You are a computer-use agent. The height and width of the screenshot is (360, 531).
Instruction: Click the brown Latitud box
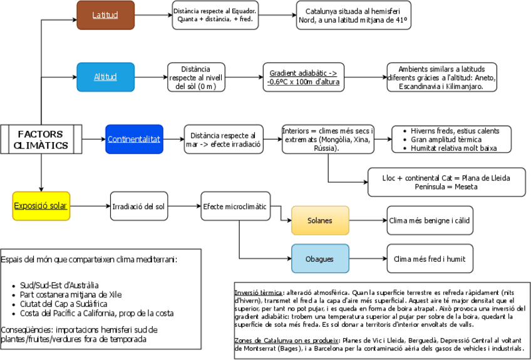105,15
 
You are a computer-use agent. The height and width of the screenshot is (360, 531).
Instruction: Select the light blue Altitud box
105,77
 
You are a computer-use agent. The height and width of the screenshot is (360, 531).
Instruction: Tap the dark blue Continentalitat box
134,139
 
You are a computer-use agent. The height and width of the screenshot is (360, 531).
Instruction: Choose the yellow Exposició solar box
41,205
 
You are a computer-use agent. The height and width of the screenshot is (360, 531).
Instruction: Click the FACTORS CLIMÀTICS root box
41,140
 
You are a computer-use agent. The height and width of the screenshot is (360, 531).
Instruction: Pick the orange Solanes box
320,220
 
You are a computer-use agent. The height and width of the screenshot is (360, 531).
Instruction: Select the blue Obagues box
320,259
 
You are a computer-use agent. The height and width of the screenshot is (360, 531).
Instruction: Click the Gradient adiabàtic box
304,77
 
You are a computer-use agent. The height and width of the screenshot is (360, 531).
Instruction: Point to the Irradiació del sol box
139,206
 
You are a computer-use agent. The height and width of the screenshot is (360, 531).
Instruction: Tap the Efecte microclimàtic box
234,206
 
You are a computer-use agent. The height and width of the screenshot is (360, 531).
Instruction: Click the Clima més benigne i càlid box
429,220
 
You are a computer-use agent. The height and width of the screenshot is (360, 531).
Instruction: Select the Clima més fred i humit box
429,259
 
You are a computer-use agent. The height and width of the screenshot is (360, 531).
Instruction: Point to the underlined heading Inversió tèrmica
258,292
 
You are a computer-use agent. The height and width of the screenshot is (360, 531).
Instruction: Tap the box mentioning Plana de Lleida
446,182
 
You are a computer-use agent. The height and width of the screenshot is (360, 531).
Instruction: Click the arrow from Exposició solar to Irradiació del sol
90,205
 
